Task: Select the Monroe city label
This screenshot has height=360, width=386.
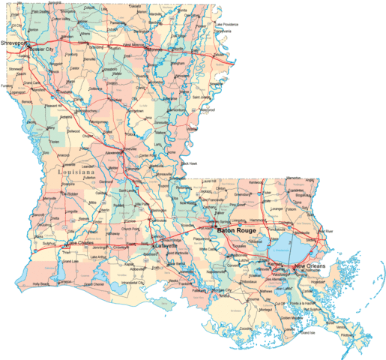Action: [155, 50]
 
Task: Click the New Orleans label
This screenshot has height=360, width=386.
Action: [310, 266]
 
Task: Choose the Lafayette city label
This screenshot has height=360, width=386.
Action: [166, 245]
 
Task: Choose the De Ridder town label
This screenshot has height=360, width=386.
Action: [71, 193]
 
